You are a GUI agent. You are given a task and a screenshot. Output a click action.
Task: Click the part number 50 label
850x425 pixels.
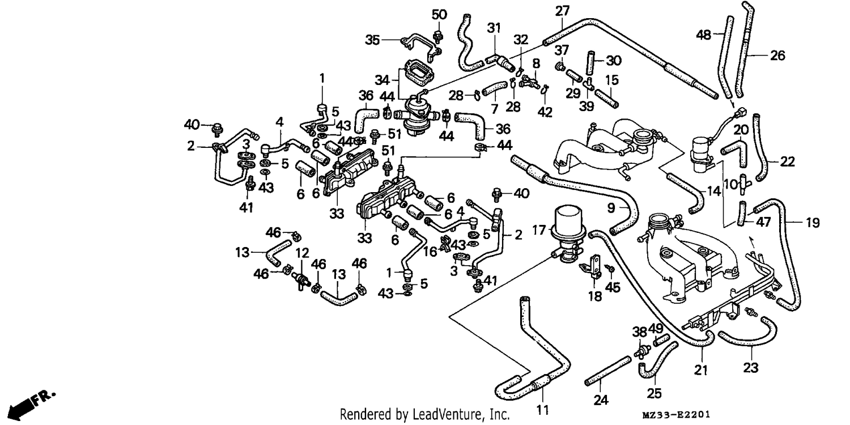(x=439, y=15)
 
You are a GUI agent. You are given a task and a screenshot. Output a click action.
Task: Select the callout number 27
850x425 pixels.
(x=562, y=11)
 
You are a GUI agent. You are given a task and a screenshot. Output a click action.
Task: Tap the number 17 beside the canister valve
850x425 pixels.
(x=539, y=229)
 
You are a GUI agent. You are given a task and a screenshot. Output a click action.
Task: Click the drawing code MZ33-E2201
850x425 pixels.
(x=676, y=414)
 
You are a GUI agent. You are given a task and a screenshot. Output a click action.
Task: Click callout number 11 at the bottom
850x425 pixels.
(x=543, y=410)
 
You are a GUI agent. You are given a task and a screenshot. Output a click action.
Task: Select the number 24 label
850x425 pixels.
(x=601, y=399)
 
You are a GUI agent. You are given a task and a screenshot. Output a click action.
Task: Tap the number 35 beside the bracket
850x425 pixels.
(x=372, y=40)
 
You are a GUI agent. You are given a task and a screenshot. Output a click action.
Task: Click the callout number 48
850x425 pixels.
(x=703, y=35)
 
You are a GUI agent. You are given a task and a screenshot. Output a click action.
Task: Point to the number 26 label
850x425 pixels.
(x=777, y=56)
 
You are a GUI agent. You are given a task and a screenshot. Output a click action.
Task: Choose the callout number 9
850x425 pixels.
(x=611, y=207)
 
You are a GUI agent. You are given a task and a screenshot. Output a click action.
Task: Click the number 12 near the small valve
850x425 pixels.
(x=302, y=253)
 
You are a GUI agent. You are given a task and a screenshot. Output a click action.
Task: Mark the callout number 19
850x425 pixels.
(x=813, y=222)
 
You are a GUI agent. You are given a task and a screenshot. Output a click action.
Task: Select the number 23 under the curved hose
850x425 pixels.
(x=751, y=367)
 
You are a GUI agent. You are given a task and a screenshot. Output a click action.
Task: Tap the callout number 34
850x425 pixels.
(x=382, y=80)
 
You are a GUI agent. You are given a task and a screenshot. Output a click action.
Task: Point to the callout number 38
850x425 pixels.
(x=639, y=332)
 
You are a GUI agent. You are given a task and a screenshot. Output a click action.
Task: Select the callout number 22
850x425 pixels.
(x=787, y=161)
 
